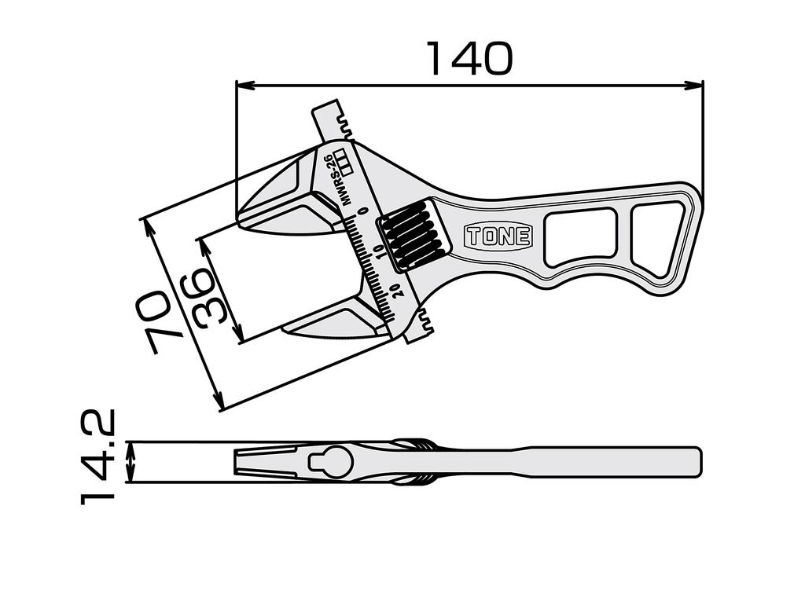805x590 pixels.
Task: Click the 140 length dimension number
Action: tap(469, 59)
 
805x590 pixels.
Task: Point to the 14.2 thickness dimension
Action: tap(99, 456)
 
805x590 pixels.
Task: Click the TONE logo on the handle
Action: tap(498, 236)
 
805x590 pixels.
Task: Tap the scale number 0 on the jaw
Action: tap(362, 211)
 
